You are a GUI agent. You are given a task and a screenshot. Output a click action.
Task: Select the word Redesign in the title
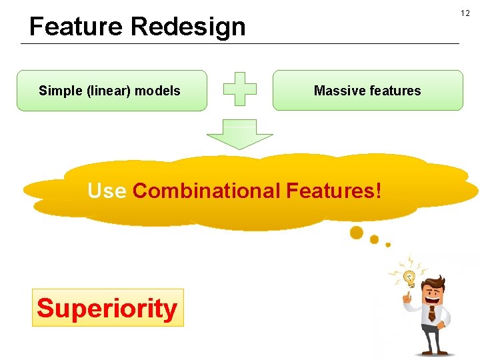pos(188,27)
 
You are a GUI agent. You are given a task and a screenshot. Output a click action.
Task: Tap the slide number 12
pos(465,13)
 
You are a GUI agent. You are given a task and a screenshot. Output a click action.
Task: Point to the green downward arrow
pos(239,135)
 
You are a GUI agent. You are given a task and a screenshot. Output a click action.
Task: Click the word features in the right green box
pos(395,91)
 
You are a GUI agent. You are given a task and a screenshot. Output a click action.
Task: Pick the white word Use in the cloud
pos(107,191)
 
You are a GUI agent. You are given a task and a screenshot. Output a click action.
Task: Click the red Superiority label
pos(107,308)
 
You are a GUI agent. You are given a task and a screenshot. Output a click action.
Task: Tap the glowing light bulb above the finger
pos(409,277)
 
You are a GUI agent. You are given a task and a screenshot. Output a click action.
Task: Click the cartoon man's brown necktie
pos(431,313)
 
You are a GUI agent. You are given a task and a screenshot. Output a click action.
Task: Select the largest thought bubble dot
pos(357,232)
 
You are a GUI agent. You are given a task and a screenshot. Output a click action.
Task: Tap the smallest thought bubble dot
pos(388,245)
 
